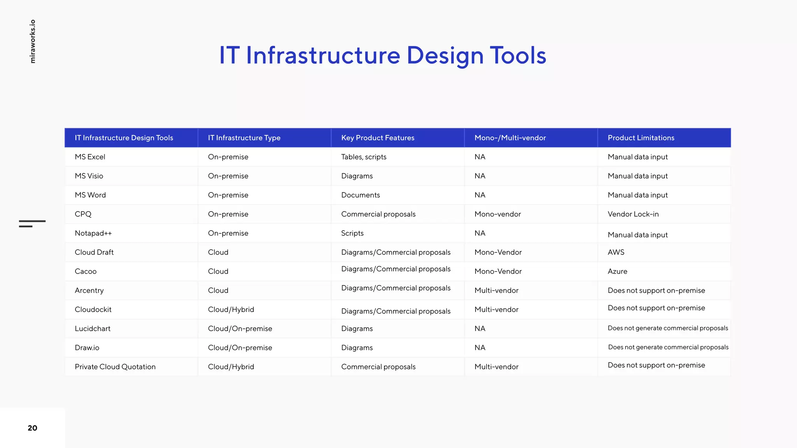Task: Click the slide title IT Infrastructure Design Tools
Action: [383, 55]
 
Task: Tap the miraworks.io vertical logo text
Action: [33, 41]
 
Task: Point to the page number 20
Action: [32, 428]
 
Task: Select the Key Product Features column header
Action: [377, 138]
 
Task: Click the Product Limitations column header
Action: [641, 138]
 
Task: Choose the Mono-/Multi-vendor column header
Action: [510, 138]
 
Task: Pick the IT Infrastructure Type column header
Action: [244, 138]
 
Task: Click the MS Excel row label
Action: [90, 157]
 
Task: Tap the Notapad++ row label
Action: [93, 233]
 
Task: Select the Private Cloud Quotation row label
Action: [115, 367]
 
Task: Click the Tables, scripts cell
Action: [363, 157]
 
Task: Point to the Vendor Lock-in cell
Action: [633, 214]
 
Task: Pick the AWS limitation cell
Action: [616, 252]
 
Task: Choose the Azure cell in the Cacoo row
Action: [617, 271]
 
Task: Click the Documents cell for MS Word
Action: [360, 195]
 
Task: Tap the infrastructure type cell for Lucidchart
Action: [240, 329]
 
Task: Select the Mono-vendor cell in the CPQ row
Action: [497, 214]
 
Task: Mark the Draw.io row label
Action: [87, 348]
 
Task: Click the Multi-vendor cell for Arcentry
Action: [496, 290]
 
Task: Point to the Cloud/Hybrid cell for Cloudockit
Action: [231, 310]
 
